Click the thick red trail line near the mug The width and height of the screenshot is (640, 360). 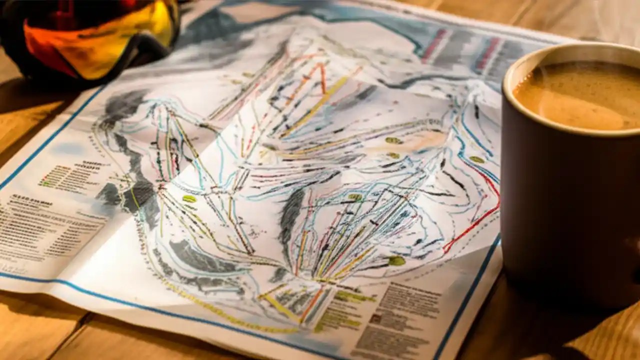point(475,220)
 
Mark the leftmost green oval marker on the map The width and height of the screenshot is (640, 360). point(189,199)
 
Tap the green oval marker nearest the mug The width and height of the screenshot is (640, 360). point(476,159)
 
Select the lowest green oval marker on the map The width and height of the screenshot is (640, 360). point(396,260)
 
